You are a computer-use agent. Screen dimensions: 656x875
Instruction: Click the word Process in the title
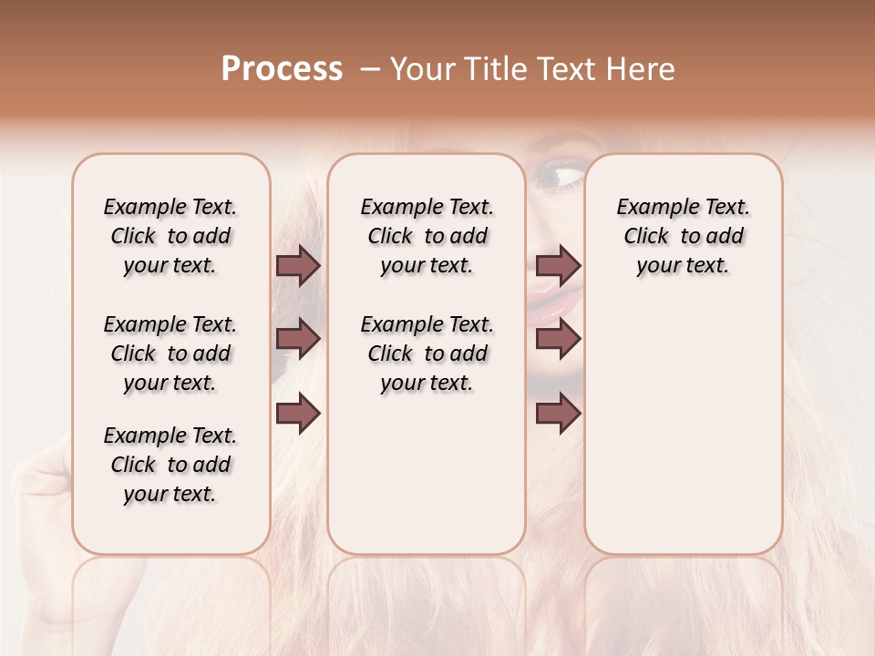pos(282,69)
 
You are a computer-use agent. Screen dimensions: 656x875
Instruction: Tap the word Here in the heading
pos(642,69)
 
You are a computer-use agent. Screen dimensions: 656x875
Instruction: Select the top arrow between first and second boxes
pos(298,265)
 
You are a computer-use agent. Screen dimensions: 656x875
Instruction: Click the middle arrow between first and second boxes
pos(298,339)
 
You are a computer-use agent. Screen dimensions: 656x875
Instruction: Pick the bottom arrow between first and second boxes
pos(298,413)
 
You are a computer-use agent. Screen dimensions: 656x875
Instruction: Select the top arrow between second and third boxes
pos(558,265)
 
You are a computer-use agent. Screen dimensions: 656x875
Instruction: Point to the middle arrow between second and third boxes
pos(558,339)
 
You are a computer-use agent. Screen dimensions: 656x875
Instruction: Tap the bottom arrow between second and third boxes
pos(558,413)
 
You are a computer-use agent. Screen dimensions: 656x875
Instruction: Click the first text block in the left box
pos(170,236)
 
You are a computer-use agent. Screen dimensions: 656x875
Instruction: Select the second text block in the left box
pos(170,354)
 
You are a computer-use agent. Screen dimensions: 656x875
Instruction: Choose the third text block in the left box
pos(170,465)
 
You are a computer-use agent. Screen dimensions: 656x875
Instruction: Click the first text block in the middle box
pos(427,236)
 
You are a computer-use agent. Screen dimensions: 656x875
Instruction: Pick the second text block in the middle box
pos(427,354)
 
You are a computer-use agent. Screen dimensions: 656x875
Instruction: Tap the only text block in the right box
pos(683,236)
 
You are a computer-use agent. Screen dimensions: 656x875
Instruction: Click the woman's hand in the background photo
pos(41,483)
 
